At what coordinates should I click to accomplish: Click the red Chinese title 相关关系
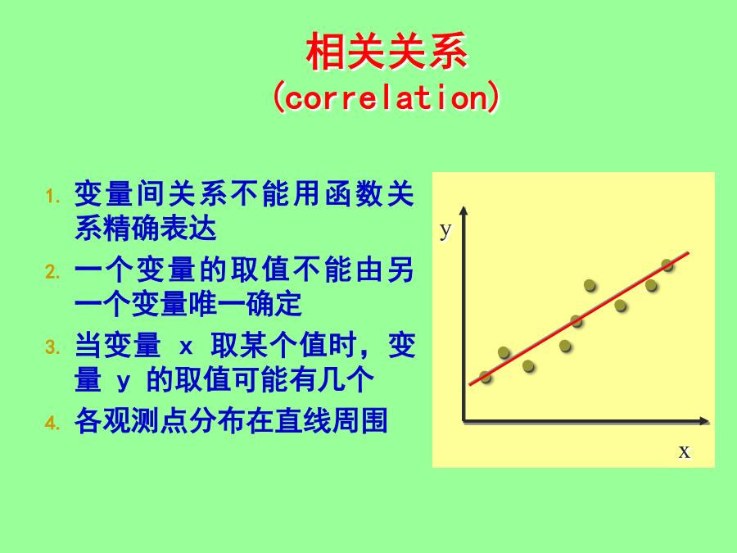[387, 52]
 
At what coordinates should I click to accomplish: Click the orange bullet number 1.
[52, 196]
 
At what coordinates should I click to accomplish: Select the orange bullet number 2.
[52, 272]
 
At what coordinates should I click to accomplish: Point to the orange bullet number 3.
[52, 347]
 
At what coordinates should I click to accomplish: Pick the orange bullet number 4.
[52, 423]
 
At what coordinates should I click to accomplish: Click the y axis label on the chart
[445, 231]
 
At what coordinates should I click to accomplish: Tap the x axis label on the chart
[685, 451]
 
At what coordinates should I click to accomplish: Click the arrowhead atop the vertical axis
[464, 211]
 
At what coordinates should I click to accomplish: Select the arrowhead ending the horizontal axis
[704, 421]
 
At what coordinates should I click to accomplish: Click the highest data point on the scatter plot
[667, 265]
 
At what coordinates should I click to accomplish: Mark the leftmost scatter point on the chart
[486, 377]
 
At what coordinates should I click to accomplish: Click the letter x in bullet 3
[186, 347]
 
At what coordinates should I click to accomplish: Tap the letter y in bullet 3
[123, 381]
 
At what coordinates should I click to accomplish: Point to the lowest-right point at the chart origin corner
[463, 421]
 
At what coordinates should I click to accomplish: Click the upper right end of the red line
[689, 253]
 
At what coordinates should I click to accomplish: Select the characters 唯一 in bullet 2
[216, 304]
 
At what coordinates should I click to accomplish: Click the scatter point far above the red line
[590, 285]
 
